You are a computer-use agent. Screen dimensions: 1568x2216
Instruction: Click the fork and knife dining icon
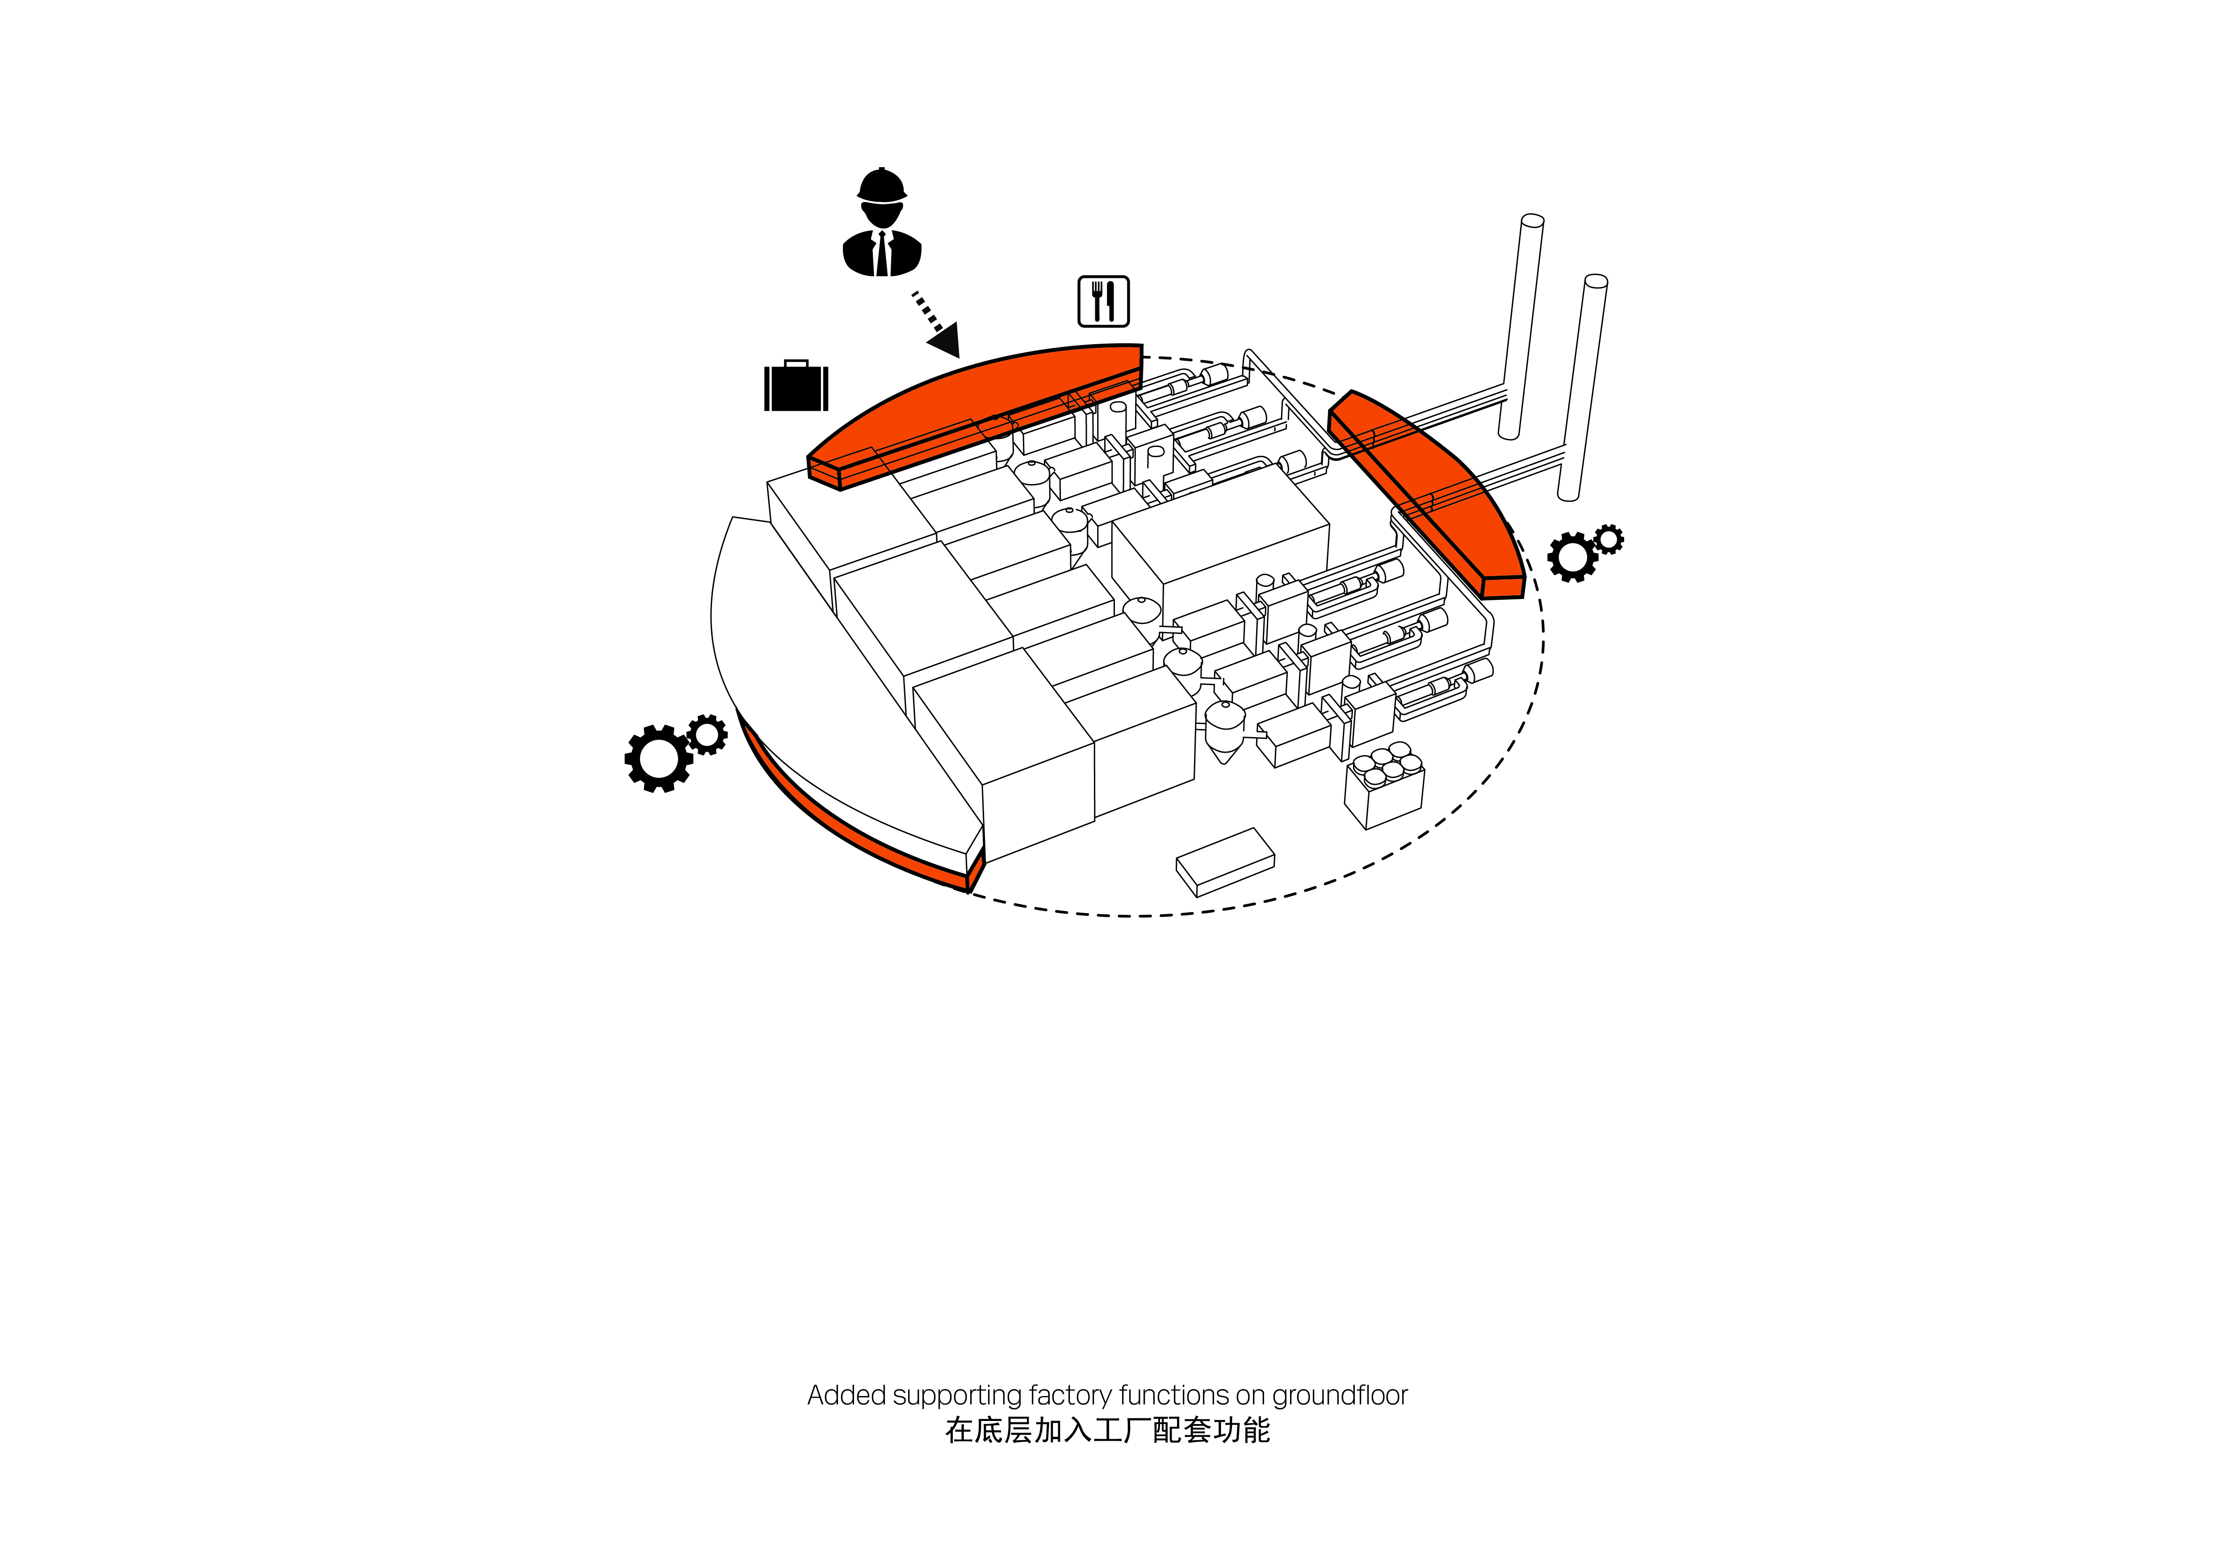[x=1103, y=301]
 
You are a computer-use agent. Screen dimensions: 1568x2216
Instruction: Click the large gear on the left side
[x=658, y=758]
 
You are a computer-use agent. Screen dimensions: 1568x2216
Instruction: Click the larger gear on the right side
[x=1572, y=557]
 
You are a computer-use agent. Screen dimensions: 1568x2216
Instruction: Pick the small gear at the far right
[x=1609, y=539]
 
